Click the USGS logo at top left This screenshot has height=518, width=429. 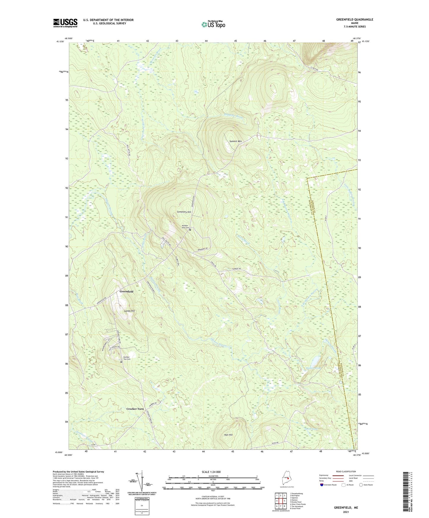click(65, 23)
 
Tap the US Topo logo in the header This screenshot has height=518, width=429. click(213, 24)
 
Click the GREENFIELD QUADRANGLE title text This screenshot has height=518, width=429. click(354, 20)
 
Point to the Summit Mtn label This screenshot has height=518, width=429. click(235, 141)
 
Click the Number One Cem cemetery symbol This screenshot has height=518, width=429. click(190, 229)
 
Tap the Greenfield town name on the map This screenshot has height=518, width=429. click(126, 292)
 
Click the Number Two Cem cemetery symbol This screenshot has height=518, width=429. click(121, 362)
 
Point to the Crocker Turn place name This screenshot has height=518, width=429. click(135, 409)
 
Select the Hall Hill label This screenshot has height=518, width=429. click(228, 435)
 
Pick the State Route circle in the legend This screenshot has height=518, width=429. click(361, 485)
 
